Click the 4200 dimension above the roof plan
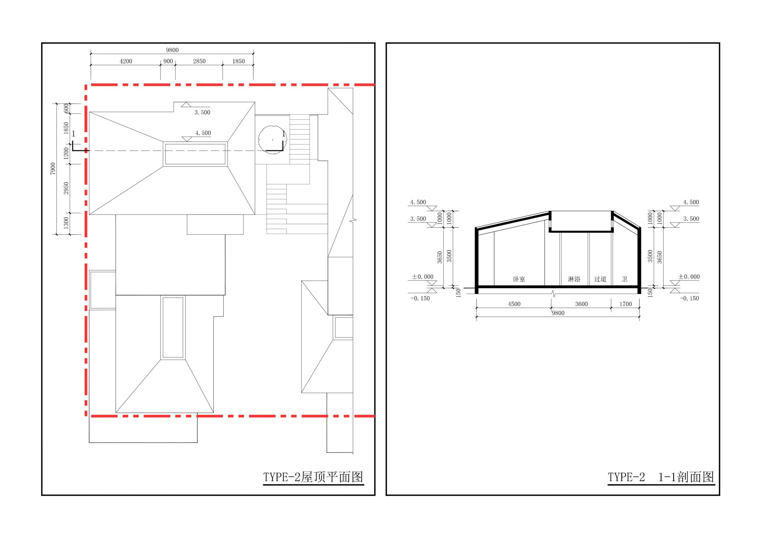(126, 61)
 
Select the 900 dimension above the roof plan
(168, 61)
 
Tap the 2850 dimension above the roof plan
(199, 61)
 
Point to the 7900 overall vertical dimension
(53, 169)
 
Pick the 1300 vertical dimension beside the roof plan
(66, 223)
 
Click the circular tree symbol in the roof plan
(272, 139)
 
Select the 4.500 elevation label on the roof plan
(203, 133)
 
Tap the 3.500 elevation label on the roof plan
(202, 112)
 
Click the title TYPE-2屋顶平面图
(313, 477)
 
